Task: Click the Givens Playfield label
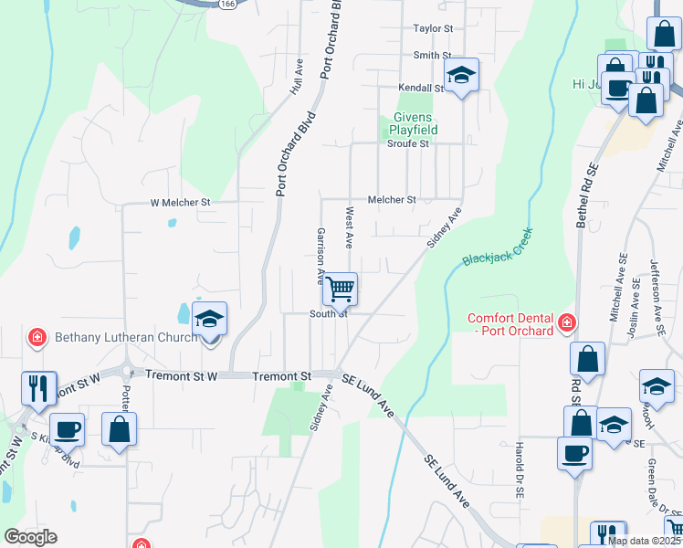[415, 123]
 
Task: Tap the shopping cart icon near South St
[341, 290]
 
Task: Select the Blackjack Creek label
[497, 247]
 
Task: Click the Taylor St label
[433, 29]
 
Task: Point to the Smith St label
[433, 56]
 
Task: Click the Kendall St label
[420, 89]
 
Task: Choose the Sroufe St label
[407, 143]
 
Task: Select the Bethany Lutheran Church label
[126, 338]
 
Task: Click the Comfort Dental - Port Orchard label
[510, 324]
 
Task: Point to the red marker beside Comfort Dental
[567, 323]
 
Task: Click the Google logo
[30, 537]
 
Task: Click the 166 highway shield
[224, 5]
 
